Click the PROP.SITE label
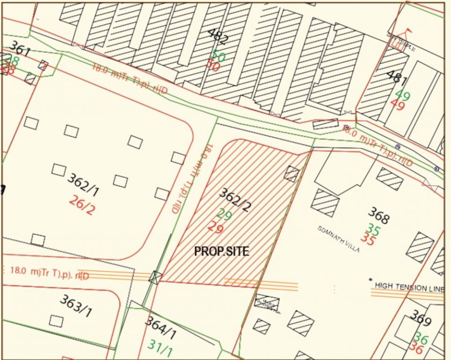point(222,252)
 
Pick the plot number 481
point(396,81)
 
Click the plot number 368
point(378,216)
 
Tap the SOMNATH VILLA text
point(339,240)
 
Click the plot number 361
point(20,48)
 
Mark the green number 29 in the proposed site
point(224,215)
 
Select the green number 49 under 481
point(402,96)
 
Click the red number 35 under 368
point(368,240)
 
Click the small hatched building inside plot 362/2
point(292,174)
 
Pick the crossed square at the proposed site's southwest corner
point(155,277)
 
